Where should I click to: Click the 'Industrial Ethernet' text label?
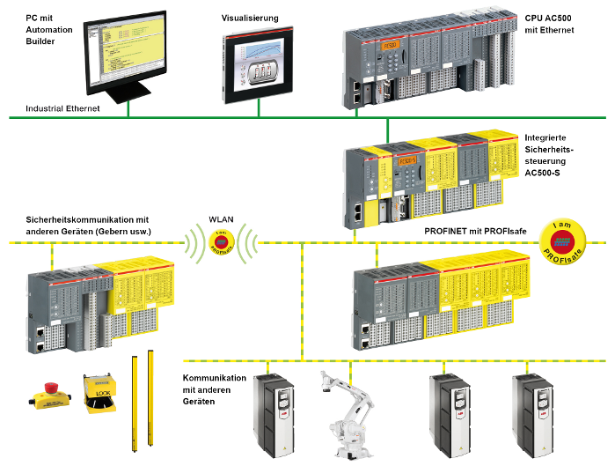62,108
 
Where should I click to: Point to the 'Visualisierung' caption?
249,17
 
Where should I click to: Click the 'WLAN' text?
221,218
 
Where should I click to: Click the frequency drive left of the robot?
272,413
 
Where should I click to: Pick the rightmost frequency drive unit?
531,413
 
